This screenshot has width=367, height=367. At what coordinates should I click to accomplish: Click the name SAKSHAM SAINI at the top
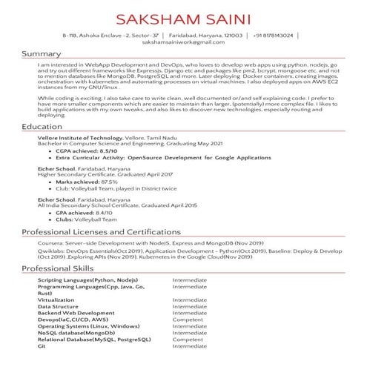point(184,18)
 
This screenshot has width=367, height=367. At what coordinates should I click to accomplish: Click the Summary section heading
point(41,54)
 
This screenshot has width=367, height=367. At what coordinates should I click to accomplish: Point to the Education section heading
point(42,128)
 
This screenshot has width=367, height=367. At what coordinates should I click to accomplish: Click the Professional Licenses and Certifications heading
point(100,232)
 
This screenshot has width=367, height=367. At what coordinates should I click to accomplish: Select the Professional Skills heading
point(57,268)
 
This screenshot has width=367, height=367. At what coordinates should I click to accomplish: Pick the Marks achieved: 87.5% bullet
point(87,182)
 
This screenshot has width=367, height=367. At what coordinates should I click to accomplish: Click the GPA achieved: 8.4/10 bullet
point(84,212)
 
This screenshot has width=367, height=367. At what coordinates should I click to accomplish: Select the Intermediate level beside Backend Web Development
point(190,313)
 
